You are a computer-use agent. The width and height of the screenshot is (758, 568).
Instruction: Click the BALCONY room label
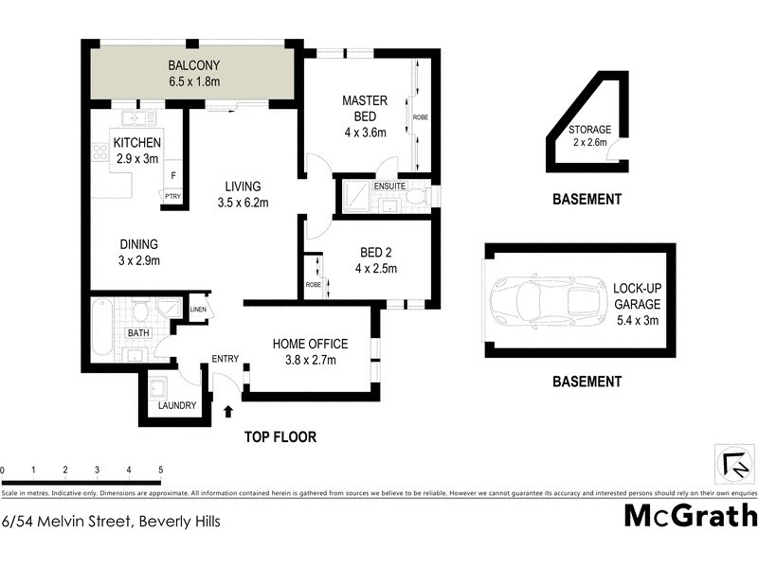point(194,65)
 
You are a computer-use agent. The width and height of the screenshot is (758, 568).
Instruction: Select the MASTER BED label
point(365,109)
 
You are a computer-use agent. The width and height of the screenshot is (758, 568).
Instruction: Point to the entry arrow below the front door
point(227,411)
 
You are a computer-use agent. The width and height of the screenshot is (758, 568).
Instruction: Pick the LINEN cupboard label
point(198,310)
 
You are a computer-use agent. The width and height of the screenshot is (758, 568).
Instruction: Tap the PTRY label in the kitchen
point(172,196)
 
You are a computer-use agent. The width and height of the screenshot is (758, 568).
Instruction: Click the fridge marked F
point(172,175)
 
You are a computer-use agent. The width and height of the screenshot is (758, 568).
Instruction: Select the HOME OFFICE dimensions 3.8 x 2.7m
point(311,360)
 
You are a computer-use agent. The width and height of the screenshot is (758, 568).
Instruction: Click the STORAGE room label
point(589,130)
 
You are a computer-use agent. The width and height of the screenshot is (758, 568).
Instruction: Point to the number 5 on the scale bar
point(161,470)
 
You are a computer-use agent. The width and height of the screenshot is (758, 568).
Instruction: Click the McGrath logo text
point(691,516)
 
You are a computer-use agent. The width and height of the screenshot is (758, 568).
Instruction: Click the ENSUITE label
point(389,186)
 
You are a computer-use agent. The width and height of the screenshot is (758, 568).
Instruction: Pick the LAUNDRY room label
point(178,405)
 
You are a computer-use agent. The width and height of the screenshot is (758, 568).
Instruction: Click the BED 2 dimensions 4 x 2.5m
point(378,268)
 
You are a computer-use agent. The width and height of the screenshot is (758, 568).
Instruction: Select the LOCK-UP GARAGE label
point(636,297)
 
